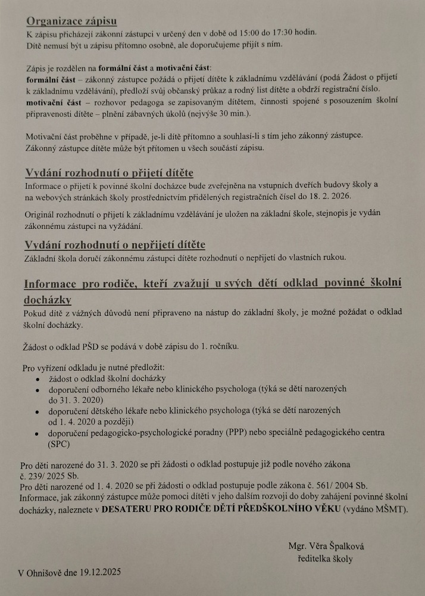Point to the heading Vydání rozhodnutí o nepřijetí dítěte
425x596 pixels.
(114, 245)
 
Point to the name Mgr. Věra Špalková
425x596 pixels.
(325, 546)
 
